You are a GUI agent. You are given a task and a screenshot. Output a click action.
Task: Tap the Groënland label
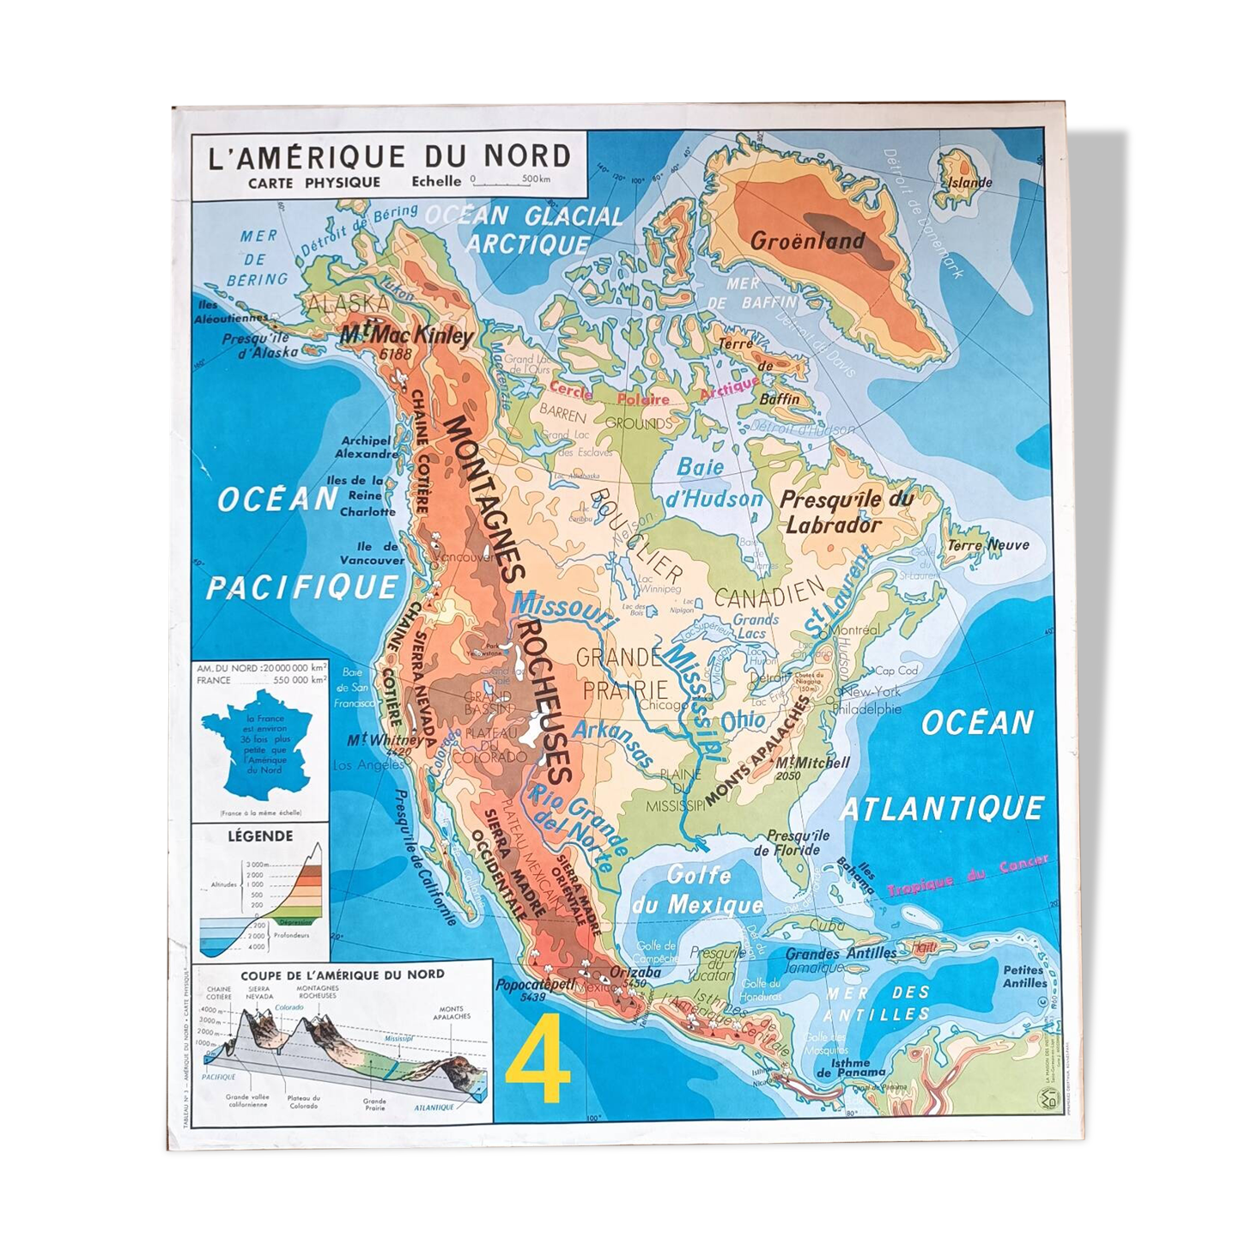(807, 240)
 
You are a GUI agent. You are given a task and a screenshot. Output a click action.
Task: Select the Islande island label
(969, 182)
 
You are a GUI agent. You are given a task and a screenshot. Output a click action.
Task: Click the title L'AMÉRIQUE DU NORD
(390, 156)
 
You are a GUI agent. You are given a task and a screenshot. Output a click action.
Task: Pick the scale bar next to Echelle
(512, 182)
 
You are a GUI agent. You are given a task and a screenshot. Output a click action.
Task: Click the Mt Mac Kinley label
(406, 337)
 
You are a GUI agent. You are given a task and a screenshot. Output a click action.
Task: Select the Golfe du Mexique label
(697, 890)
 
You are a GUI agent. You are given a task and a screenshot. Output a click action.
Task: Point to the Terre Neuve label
(987, 544)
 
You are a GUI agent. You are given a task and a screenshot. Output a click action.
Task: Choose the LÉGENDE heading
(260, 835)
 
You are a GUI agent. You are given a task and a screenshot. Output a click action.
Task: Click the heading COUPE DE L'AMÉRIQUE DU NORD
(343, 974)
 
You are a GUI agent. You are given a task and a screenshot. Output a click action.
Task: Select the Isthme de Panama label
(850, 1067)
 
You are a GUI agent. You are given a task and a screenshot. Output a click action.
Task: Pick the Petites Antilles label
(1023, 976)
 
